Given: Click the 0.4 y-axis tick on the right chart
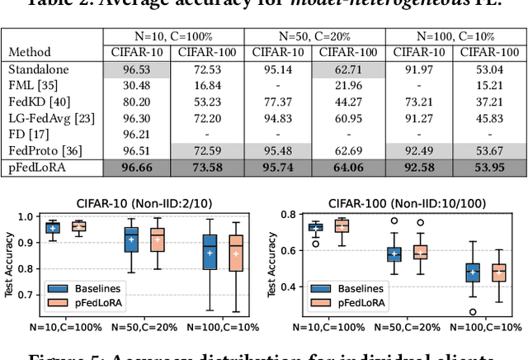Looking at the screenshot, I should (x=289, y=287).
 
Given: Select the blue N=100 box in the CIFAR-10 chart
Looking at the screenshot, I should (x=210, y=252).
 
